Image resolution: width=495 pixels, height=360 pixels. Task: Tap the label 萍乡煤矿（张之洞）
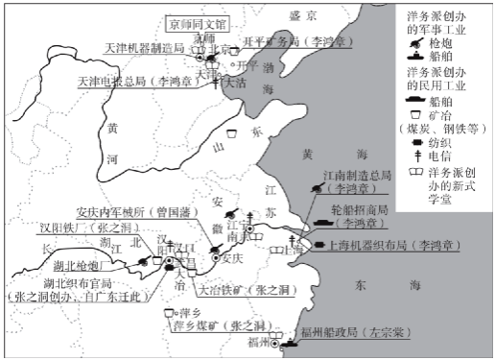(x=211, y=325)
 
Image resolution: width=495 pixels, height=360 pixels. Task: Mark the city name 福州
(x=256, y=342)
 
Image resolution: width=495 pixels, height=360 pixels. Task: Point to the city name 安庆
(x=235, y=257)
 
